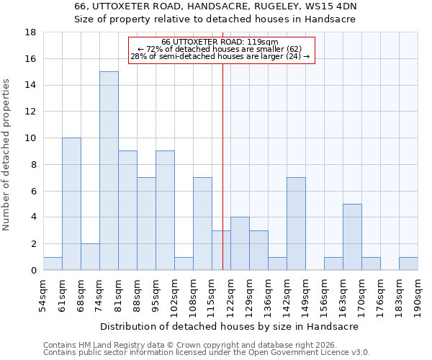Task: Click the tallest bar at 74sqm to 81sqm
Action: [109, 171]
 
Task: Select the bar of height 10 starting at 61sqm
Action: [71, 204]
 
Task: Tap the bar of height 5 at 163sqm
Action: [352, 237]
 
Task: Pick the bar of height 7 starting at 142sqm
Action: [296, 224]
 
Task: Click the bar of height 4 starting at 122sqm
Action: [240, 243]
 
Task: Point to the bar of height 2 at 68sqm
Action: [90, 257]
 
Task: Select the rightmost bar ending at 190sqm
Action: [408, 264]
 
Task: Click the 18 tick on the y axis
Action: [31, 32]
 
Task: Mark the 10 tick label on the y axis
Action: [31, 138]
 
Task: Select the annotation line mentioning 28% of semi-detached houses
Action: [220, 56]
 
